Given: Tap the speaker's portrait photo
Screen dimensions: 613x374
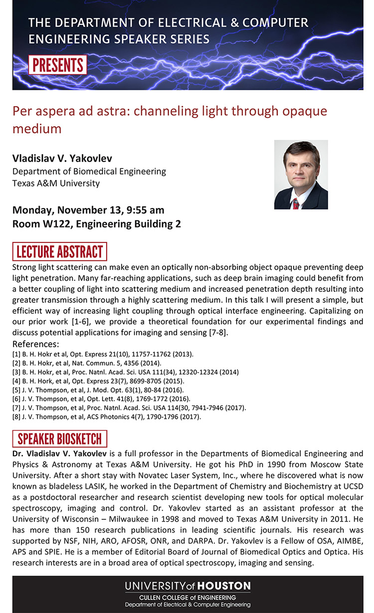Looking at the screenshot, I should (301, 175).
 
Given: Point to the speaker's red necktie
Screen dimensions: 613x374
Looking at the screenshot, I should (296, 204).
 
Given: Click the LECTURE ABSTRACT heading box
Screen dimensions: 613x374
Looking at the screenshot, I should (59, 251).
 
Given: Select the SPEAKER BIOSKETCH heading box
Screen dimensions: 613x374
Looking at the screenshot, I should (59, 439).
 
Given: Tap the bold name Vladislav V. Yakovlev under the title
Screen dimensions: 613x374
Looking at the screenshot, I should (62, 159).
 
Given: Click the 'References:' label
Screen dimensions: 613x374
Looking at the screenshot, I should (36, 345).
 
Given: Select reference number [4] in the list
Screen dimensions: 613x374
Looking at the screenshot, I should (16, 381).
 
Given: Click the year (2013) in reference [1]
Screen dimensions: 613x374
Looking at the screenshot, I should (182, 354).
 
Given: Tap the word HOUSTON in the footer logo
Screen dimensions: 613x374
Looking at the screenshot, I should (224, 586).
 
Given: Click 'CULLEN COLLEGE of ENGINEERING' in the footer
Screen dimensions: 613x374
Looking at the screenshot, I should (187, 598).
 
